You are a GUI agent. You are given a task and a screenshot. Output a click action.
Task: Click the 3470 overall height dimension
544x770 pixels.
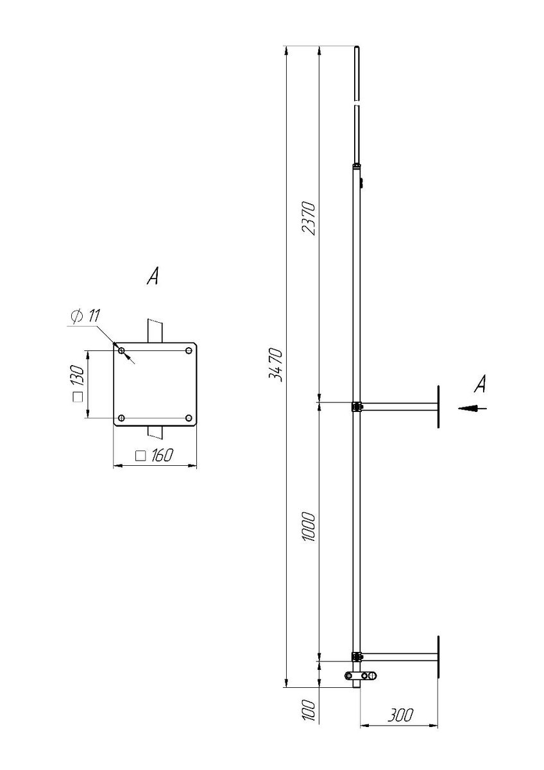point(275,365)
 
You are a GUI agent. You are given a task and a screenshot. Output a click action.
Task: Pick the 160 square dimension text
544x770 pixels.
point(155,456)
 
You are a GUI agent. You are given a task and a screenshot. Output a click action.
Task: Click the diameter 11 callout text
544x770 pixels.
point(85,316)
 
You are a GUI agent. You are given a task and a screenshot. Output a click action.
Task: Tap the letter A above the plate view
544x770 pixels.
point(153,277)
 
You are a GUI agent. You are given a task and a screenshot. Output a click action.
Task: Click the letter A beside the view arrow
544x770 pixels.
point(480,384)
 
